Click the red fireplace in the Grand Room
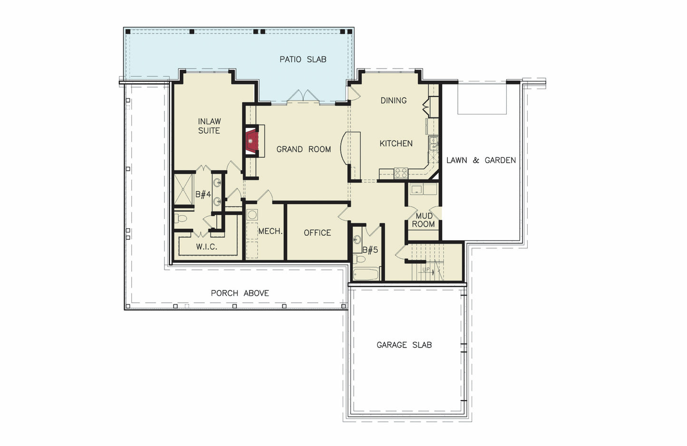[251, 141]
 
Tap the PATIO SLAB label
[303, 59]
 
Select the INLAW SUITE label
[209, 126]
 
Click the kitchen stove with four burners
[401, 173]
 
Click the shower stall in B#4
[184, 189]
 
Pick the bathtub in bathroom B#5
[366, 274]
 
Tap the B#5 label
[370, 250]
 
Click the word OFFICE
[317, 233]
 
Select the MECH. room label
[270, 231]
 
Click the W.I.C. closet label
[206, 247]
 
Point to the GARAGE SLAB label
[404, 345]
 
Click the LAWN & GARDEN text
[481, 160]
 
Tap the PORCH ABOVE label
[240, 293]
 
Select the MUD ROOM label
[423, 220]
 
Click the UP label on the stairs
[426, 270]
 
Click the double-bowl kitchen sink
[434, 143]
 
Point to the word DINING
[393, 100]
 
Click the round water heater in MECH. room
[252, 214]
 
